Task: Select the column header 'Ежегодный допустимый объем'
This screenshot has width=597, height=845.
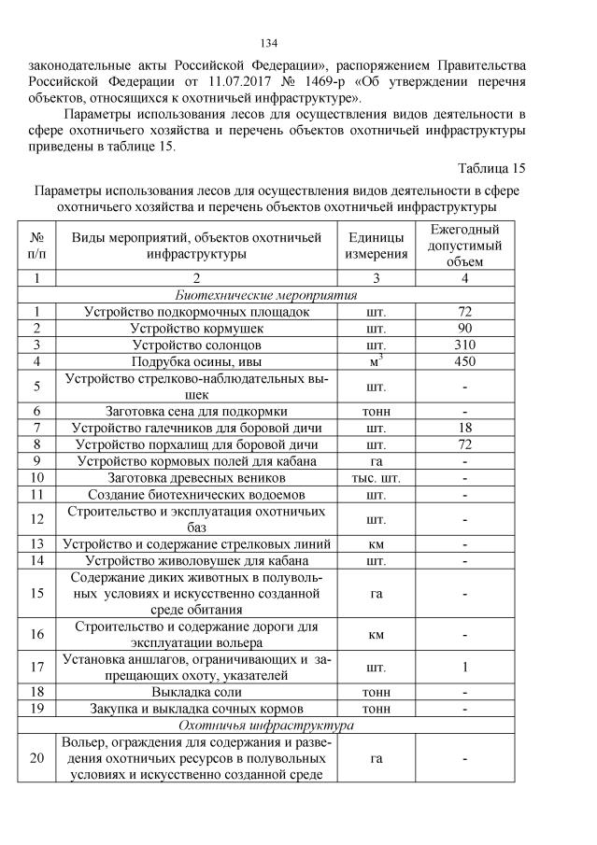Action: (x=464, y=246)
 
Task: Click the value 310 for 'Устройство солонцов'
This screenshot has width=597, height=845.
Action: (x=464, y=345)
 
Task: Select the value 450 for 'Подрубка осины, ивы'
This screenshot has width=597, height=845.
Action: (x=464, y=361)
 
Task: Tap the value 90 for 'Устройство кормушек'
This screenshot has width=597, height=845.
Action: (x=464, y=329)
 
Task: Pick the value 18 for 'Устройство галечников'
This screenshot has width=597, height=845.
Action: (x=464, y=427)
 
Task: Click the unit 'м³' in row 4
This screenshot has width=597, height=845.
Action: (x=377, y=361)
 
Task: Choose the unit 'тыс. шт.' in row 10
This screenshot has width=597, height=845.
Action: (x=377, y=477)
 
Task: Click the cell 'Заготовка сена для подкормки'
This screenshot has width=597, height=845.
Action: (x=195, y=410)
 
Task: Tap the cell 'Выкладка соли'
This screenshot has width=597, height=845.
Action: (x=195, y=692)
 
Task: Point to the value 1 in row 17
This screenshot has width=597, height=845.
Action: (x=464, y=667)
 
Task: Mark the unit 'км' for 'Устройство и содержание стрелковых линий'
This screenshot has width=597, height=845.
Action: (x=377, y=543)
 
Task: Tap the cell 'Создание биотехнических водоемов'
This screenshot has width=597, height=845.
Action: (x=195, y=494)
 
